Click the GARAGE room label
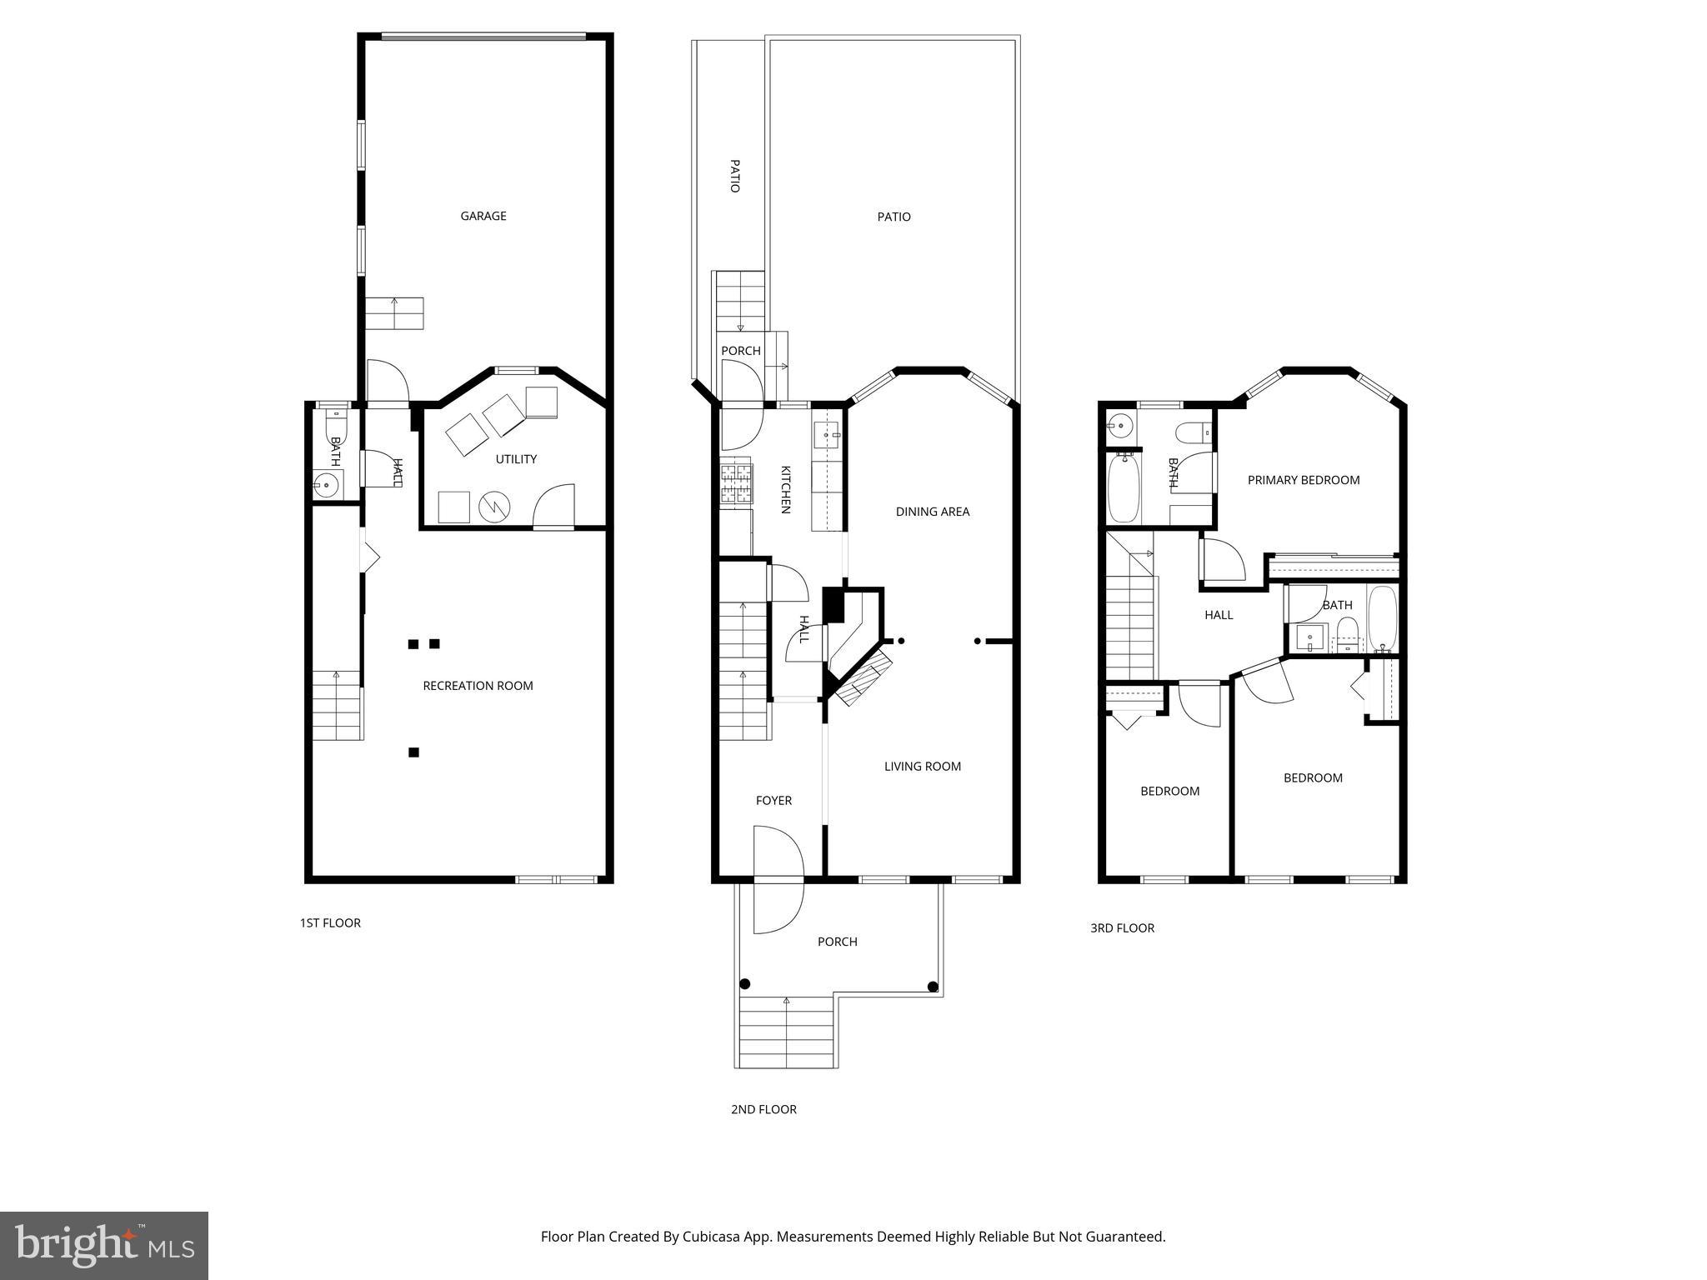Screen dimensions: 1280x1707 point(483,217)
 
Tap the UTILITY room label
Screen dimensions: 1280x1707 point(516,459)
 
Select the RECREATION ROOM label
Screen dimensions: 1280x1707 point(478,686)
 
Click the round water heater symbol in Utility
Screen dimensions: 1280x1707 point(493,506)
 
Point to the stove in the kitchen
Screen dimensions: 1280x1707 point(736,485)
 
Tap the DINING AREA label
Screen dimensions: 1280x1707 point(933,512)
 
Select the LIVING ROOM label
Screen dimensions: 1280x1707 point(923,767)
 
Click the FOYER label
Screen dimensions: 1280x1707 point(773,801)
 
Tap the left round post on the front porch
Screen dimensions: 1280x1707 point(744,984)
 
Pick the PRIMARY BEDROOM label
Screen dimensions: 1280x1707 point(1304,480)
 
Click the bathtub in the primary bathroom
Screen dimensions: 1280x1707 point(1124,487)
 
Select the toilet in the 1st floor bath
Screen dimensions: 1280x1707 point(335,422)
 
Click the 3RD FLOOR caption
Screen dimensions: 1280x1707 point(1122,928)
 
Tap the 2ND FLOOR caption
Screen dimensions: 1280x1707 point(763,1110)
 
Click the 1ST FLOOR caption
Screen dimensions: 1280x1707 point(330,923)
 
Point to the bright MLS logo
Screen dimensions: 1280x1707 point(104,1246)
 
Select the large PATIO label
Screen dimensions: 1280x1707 point(894,217)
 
